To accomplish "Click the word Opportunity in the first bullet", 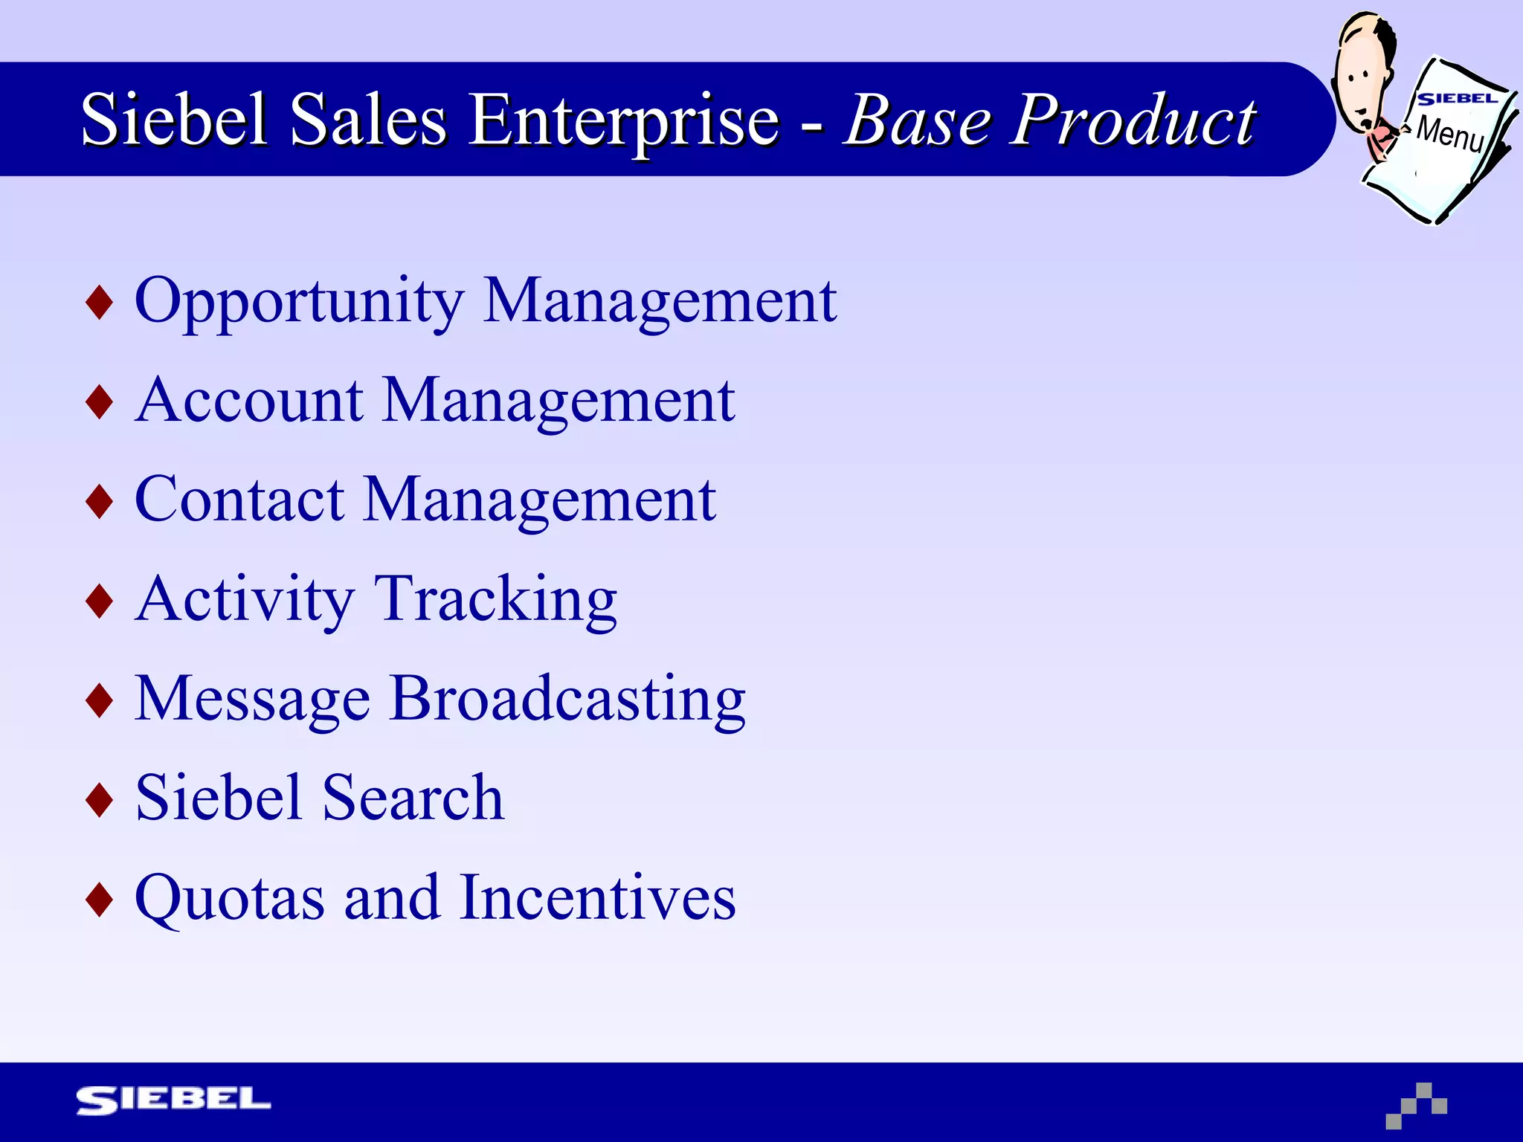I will (x=299, y=302).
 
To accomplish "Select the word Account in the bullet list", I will (x=249, y=401).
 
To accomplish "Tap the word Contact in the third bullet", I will (x=239, y=500).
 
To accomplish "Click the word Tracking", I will (x=495, y=600).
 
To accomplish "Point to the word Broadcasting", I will (x=567, y=700).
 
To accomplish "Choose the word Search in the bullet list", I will (x=413, y=798).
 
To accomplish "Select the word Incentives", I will (x=598, y=897).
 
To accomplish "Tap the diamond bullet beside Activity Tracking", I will (x=100, y=601).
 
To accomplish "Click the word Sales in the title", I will (x=368, y=119).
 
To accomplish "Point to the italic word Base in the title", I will (x=918, y=119).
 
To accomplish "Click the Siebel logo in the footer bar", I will (x=173, y=1100).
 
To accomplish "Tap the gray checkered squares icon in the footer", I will (x=1417, y=1106).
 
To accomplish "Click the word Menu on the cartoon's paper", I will (x=1450, y=134).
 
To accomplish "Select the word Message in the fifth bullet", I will (x=252, y=700).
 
